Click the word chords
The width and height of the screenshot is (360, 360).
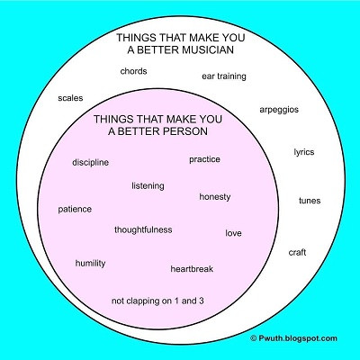[133, 71]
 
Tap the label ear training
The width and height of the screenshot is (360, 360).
[224, 76]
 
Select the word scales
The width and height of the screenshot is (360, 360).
[70, 98]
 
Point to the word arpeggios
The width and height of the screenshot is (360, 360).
[279, 110]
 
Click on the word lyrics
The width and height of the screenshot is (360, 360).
[304, 152]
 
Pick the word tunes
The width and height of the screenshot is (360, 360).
[310, 201]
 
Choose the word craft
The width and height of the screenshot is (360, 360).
[297, 252]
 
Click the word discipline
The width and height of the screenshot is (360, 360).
[90, 163]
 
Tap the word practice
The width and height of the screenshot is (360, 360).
[204, 159]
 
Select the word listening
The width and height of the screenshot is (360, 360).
[148, 186]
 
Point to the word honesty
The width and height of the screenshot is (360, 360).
[215, 197]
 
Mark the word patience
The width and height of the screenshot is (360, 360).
[75, 210]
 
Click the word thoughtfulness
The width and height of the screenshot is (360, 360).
[143, 229]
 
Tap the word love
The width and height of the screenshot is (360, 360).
[233, 233]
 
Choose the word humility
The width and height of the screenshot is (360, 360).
[90, 264]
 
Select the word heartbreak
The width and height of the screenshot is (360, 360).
[192, 269]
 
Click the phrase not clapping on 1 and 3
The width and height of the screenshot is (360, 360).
[157, 301]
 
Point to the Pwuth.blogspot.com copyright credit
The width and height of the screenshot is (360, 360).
[293, 338]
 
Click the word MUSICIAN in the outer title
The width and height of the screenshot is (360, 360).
[208, 49]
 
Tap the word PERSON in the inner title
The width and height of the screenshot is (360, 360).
[183, 131]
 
